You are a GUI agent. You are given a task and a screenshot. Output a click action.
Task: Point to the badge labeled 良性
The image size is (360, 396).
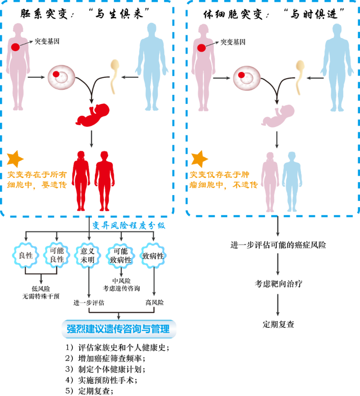(24, 256)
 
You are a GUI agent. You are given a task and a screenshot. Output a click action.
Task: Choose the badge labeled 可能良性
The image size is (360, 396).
(56, 256)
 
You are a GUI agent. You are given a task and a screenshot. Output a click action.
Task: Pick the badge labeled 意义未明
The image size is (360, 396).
(89, 256)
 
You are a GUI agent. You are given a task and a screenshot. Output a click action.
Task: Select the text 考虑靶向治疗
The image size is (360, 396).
(278, 284)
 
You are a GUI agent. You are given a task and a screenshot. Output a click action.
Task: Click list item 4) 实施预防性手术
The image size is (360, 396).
(101, 380)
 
